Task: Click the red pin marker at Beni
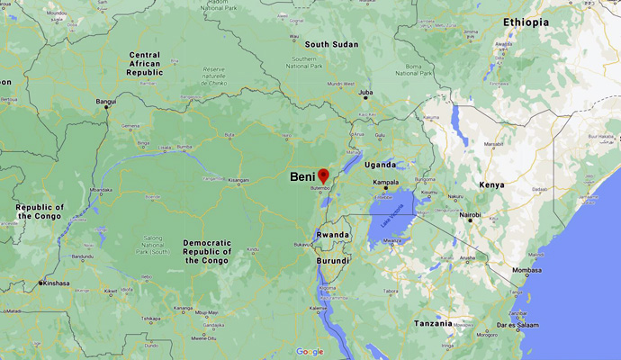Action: (x=324, y=174)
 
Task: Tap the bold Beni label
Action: (x=302, y=177)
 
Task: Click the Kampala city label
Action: (x=386, y=181)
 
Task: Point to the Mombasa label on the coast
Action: (x=528, y=270)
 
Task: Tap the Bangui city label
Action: (x=106, y=102)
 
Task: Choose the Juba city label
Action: (x=365, y=93)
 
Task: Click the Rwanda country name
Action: (x=331, y=235)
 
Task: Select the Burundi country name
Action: (x=332, y=260)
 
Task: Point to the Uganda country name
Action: (x=381, y=165)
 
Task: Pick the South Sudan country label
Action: (x=331, y=44)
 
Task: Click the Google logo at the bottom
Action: (x=309, y=351)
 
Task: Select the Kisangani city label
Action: (x=238, y=180)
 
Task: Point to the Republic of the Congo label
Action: (x=37, y=211)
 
